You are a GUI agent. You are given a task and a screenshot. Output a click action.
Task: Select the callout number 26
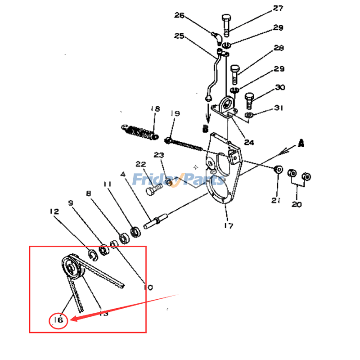point(180,15)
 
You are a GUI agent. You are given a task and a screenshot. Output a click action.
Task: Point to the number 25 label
point(180,36)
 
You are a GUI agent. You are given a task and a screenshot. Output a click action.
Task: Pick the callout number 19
point(175,114)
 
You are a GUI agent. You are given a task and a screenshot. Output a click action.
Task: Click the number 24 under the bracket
point(249,142)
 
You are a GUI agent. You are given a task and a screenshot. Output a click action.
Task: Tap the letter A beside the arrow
point(301,144)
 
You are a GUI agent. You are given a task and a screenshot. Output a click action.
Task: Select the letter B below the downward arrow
point(205,128)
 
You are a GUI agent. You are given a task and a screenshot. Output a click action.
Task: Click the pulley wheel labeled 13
point(71,268)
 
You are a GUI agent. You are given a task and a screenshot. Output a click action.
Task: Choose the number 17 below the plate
point(229,225)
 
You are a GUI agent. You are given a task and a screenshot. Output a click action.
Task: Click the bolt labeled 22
point(152,191)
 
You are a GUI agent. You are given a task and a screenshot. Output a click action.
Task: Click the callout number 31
point(279,108)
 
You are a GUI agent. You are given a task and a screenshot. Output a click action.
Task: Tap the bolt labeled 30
point(249,100)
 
